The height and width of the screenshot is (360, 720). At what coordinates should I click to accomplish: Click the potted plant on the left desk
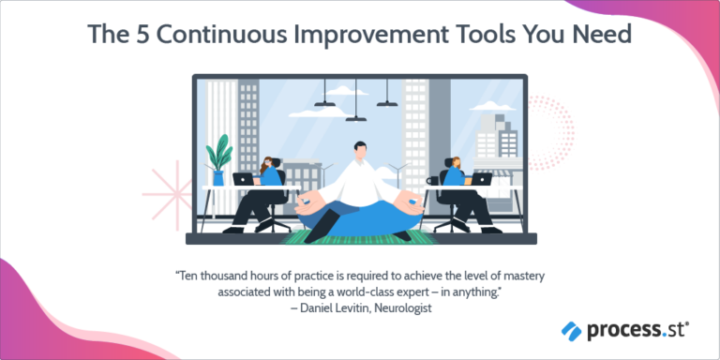click(220, 159)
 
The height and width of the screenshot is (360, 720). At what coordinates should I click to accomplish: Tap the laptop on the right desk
click(481, 178)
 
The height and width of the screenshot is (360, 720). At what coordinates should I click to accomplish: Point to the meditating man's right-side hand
click(409, 199)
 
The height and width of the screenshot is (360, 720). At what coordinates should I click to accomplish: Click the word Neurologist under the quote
click(392, 308)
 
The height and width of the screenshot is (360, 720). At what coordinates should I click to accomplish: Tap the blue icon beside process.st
click(571, 330)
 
